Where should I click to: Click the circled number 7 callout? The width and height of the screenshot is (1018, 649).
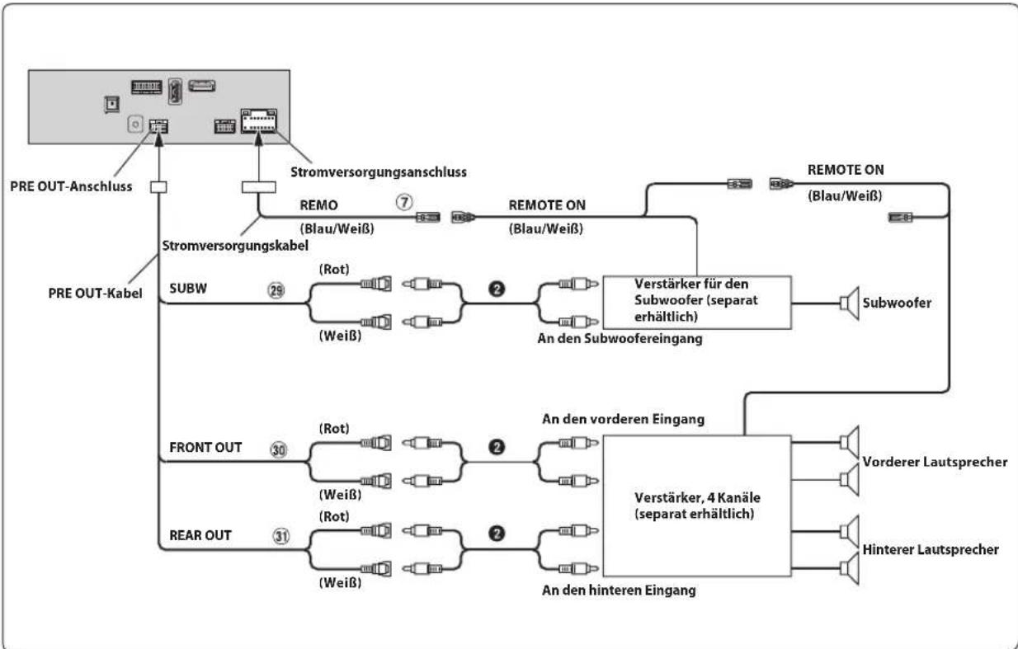pos(404,202)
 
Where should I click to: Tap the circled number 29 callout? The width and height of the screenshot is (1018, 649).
pos(276,290)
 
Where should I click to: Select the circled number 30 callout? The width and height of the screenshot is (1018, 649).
pos(279,449)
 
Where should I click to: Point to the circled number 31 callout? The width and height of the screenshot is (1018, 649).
pos(280,536)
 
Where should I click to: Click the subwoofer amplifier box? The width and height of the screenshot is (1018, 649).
pos(697,302)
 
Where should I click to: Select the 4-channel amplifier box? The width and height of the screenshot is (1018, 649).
pos(697,506)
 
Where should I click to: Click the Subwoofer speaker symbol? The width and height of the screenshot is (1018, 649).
pos(849,303)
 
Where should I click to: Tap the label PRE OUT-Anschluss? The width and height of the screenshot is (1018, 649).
pos(71,186)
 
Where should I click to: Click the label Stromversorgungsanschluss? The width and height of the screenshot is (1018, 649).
pos(379,172)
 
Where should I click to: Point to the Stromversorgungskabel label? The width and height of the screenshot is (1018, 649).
pos(235,246)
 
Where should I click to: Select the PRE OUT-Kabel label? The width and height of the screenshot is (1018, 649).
pos(95,294)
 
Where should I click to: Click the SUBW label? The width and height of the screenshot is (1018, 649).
pos(188,289)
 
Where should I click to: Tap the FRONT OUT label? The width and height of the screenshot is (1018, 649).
pos(205,447)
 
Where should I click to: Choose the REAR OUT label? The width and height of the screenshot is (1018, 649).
pos(200,535)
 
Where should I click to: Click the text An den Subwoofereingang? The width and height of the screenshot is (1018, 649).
pos(620,339)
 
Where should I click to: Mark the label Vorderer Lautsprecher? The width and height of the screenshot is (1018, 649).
pos(935,462)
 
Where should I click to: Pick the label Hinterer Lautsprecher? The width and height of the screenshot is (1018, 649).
pos(931,549)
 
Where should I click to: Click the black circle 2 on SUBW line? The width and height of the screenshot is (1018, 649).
pos(497,289)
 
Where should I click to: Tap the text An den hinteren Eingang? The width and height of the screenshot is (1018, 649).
pos(619,590)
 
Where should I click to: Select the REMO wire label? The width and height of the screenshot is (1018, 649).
pos(318,205)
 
